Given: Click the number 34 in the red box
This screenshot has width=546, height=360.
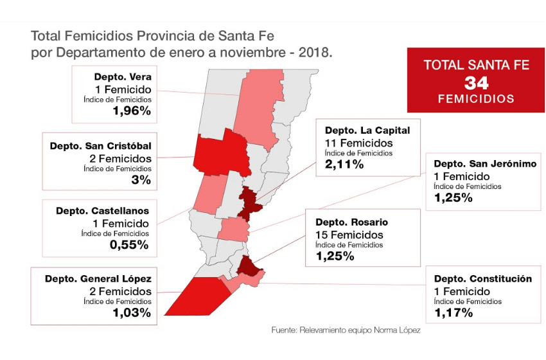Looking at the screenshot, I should [x=471, y=82].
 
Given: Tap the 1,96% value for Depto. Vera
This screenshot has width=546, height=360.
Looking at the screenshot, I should [x=131, y=111].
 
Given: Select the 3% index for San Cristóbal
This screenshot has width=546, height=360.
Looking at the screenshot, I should [x=141, y=180].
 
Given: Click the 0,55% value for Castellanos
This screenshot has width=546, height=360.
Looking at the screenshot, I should [x=129, y=244].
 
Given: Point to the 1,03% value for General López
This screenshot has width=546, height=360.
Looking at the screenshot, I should [x=132, y=313].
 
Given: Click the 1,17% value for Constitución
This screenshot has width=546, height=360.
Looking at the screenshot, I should [x=454, y=313].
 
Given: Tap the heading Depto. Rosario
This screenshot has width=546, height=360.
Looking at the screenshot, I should [x=351, y=222].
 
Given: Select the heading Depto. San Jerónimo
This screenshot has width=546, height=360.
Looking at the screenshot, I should [x=485, y=164].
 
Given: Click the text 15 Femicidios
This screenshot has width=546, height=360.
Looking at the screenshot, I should [x=349, y=235].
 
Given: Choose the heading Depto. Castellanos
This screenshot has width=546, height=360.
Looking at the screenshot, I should [x=103, y=210].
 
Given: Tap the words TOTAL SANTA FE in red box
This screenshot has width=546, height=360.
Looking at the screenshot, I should [x=471, y=65].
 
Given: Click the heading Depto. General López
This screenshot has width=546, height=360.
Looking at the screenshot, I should [x=98, y=279].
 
